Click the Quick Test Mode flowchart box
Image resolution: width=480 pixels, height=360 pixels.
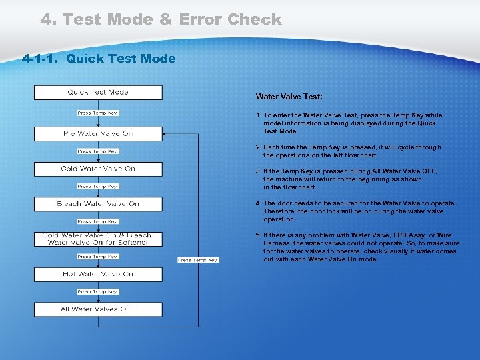98,93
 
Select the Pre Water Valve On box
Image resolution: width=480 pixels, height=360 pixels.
98,134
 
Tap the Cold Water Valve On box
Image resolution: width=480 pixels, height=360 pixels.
98,169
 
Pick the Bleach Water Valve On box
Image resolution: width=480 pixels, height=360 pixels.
98,204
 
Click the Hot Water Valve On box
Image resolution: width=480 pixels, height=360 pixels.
98,274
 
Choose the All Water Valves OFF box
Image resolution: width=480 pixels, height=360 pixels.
98,309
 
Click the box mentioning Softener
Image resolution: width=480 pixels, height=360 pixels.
98,239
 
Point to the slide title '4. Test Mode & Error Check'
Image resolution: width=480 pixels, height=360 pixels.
161,20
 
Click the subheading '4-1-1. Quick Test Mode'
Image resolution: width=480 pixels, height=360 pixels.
99,59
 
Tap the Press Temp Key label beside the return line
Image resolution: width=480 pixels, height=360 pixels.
198,260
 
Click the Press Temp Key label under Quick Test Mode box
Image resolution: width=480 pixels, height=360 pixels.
98,113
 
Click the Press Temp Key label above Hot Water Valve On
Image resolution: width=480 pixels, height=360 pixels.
98,257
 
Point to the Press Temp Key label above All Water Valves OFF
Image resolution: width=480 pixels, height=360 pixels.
98,292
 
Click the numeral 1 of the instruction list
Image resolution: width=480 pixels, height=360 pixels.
258,115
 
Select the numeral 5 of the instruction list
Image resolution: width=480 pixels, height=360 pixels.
258,235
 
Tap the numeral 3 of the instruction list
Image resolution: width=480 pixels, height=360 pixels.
258,171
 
